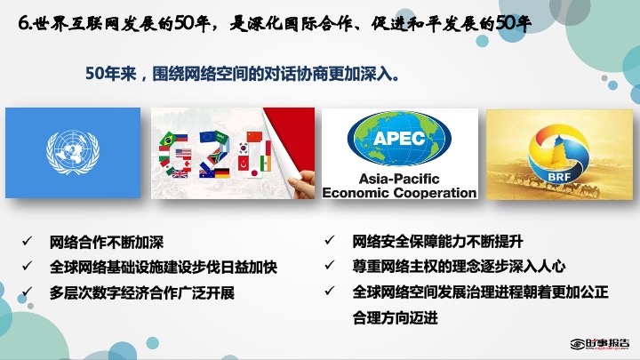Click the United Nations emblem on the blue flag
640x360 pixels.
(x=73, y=152)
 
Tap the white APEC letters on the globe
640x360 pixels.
(x=399, y=139)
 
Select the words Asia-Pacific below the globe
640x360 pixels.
(x=399, y=179)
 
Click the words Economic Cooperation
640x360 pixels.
(x=400, y=193)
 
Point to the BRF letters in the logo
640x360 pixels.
(x=559, y=177)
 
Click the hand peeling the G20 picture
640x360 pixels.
(x=302, y=185)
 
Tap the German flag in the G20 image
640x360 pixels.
(x=222, y=173)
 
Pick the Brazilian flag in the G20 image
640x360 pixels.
(x=168, y=140)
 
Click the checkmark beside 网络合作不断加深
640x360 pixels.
(x=28, y=241)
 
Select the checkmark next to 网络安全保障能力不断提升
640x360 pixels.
(x=330, y=240)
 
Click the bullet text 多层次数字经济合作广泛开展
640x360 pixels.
(x=142, y=293)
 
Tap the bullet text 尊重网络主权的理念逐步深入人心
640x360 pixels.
(x=459, y=267)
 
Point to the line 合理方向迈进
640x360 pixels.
(x=395, y=317)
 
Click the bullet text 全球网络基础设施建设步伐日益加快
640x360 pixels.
(x=164, y=268)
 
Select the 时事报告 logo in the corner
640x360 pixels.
(x=600, y=344)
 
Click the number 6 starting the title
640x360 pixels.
(x=23, y=24)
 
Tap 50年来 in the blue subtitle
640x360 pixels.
(x=110, y=74)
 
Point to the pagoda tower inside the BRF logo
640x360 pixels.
(x=559, y=154)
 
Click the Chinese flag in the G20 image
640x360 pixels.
(x=254, y=136)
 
